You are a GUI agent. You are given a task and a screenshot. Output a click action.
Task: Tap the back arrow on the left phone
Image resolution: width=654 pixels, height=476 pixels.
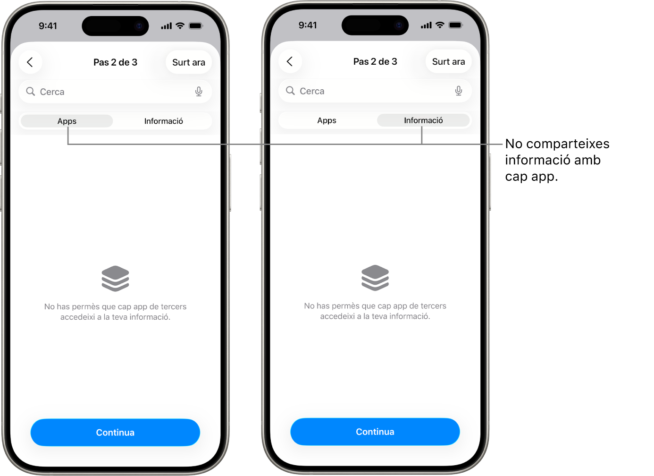30,62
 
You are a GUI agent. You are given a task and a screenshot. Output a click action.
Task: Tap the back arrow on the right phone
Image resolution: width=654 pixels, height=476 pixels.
290,61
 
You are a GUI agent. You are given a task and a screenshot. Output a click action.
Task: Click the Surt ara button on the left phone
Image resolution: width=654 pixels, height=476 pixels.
189,62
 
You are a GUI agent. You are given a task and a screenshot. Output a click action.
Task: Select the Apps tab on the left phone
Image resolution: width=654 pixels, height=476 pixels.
67,121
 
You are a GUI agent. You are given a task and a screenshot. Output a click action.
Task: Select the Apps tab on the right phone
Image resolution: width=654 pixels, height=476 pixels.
327,120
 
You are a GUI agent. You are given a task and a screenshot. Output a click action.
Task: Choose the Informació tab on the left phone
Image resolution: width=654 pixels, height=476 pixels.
163,121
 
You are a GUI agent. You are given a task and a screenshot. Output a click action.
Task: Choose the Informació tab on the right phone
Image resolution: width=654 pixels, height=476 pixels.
423,120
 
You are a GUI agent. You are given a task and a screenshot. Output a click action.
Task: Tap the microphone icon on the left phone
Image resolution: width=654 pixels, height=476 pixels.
199,92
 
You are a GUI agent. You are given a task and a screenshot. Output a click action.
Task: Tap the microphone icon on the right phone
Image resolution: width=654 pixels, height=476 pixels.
458,91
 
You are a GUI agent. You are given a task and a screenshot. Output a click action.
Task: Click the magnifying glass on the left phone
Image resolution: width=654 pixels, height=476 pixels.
31,92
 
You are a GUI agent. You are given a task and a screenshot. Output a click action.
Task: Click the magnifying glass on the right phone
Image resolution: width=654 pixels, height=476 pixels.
290,91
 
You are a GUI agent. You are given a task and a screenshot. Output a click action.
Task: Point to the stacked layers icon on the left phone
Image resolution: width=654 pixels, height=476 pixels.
115,279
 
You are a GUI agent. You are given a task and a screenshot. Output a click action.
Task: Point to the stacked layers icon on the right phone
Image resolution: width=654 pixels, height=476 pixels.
375,278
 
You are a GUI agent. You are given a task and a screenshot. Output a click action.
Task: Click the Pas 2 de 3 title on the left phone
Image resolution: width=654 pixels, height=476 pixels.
115,62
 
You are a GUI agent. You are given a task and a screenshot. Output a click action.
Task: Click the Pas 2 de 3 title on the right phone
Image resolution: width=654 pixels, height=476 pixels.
375,61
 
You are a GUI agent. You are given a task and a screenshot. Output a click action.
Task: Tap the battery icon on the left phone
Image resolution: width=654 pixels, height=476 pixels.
196,26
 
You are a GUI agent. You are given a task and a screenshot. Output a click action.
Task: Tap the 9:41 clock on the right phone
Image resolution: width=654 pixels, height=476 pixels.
308,25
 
